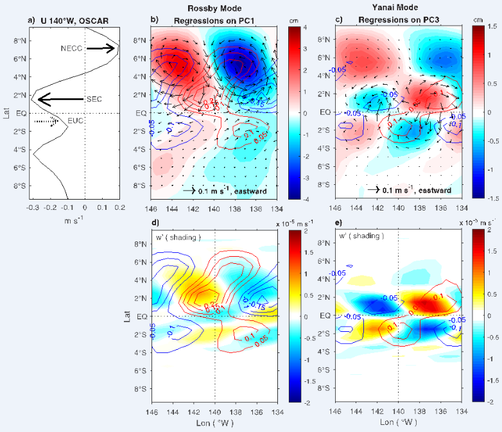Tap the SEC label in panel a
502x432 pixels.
(x=94, y=99)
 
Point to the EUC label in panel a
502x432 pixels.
(x=76, y=121)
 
